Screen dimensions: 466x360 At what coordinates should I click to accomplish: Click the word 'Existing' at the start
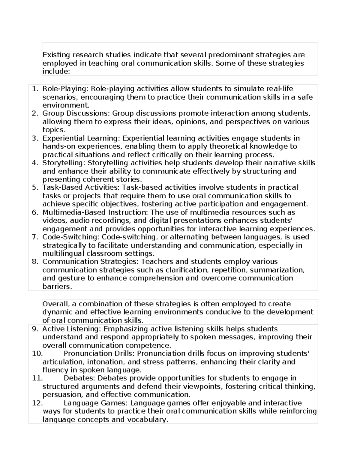click(x=56, y=55)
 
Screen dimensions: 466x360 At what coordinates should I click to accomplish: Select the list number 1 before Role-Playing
click(x=35, y=89)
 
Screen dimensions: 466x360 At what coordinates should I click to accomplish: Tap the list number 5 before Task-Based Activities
click(x=35, y=188)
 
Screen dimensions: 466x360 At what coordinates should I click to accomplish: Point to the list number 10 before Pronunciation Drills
click(x=37, y=353)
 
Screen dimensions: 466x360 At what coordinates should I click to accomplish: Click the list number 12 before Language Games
click(x=37, y=403)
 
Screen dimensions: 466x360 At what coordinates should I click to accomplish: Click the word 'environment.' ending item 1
click(x=66, y=105)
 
